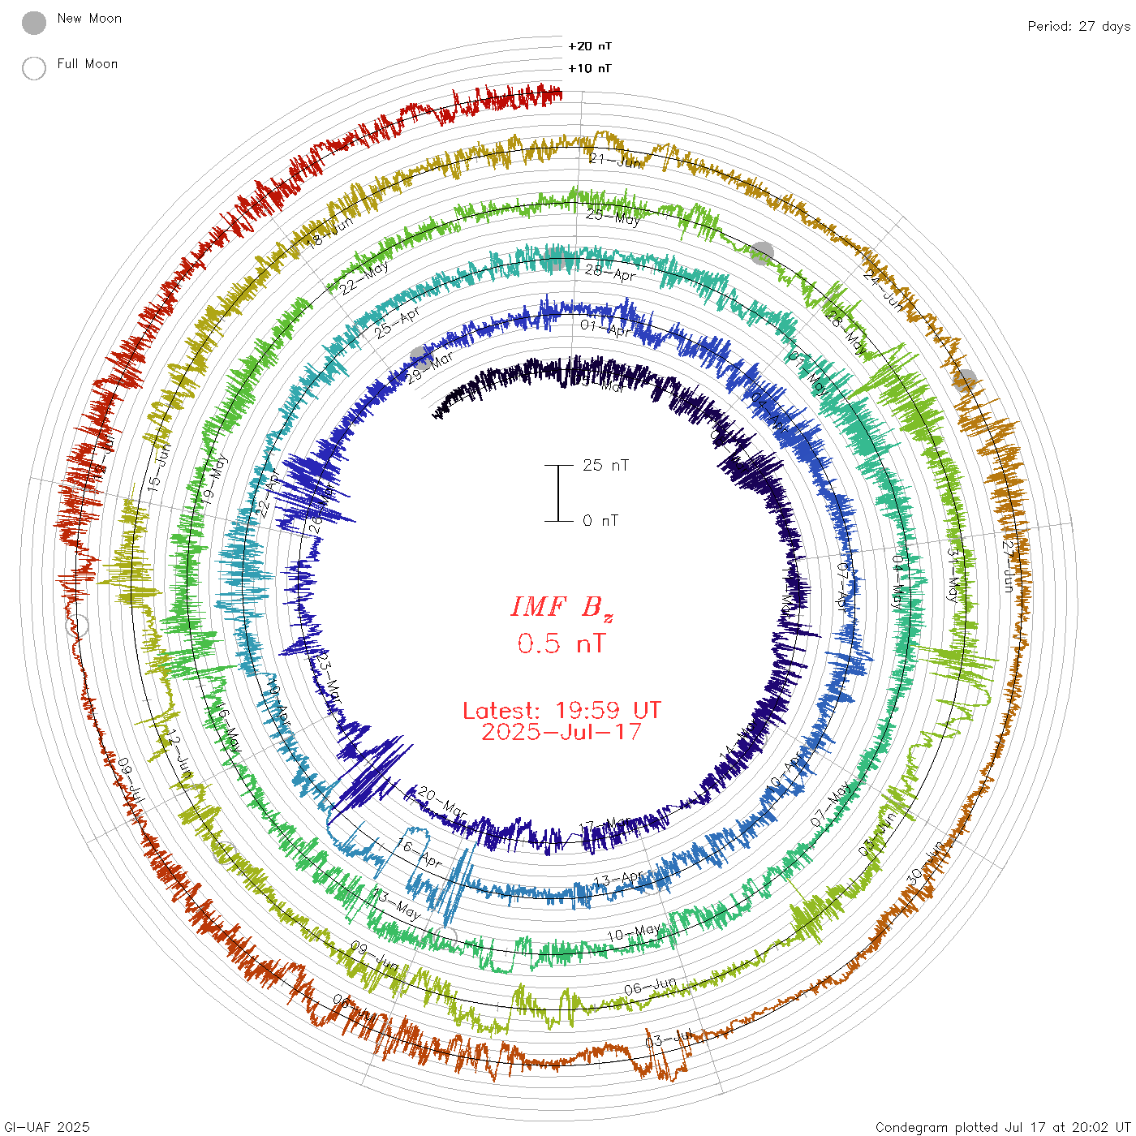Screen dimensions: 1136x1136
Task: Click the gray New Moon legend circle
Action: click(x=34, y=24)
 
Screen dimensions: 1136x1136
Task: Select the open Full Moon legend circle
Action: click(x=34, y=68)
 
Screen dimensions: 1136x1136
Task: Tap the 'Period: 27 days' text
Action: click(x=1078, y=27)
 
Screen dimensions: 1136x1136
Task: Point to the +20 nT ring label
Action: click(x=590, y=46)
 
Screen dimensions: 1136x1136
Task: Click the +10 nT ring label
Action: click(x=590, y=68)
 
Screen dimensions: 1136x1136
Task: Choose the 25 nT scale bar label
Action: click(x=605, y=465)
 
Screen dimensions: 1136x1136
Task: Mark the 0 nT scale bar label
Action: click(x=600, y=520)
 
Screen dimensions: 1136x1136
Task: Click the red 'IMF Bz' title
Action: click(x=562, y=607)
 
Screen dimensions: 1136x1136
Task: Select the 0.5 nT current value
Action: click(x=562, y=643)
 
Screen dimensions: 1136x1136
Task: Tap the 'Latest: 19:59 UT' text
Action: click(x=562, y=711)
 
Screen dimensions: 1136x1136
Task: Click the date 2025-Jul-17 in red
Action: click(x=562, y=732)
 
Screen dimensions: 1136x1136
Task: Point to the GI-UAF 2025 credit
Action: click(x=46, y=1127)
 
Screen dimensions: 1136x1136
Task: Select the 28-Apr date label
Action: click(x=610, y=273)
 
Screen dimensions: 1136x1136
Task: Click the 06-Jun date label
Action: click(x=650, y=987)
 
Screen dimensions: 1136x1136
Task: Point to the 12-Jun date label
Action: click(x=179, y=754)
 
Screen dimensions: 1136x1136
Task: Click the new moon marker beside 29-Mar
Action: click(x=420, y=357)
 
